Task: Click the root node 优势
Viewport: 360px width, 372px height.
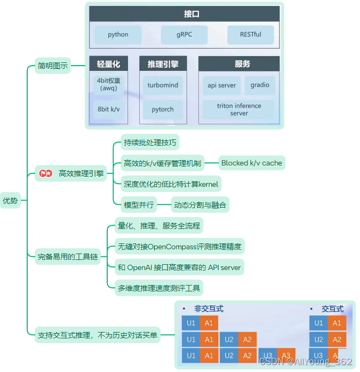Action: (x=10, y=201)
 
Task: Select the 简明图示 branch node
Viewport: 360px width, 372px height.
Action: (x=52, y=66)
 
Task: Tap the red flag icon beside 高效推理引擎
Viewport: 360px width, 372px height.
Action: (x=42, y=173)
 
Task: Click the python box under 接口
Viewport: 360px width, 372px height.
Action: (x=118, y=35)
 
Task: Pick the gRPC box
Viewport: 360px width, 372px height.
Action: (x=184, y=35)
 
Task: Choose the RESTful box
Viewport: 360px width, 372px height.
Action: (x=251, y=35)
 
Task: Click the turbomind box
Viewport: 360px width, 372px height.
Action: (x=163, y=85)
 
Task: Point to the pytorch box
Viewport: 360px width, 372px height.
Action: (x=163, y=109)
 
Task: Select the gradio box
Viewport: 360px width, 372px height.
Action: (x=260, y=85)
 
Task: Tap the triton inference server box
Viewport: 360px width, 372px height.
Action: (x=239, y=109)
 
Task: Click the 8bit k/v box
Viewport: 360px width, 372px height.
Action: (x=108, y=109)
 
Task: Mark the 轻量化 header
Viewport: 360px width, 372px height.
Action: (x=108, y=64)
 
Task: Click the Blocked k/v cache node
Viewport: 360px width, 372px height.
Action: (x=252, y=163)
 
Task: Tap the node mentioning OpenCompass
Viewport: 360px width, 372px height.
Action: (x=179, y=247)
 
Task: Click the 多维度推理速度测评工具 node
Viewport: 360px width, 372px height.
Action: (x=159, y=288)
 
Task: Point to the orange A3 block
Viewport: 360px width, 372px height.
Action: (x=286, y=355)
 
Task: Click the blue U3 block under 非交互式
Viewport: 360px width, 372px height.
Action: (x=267, y=355)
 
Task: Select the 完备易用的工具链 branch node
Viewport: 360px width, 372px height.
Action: (x=68, y=257)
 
